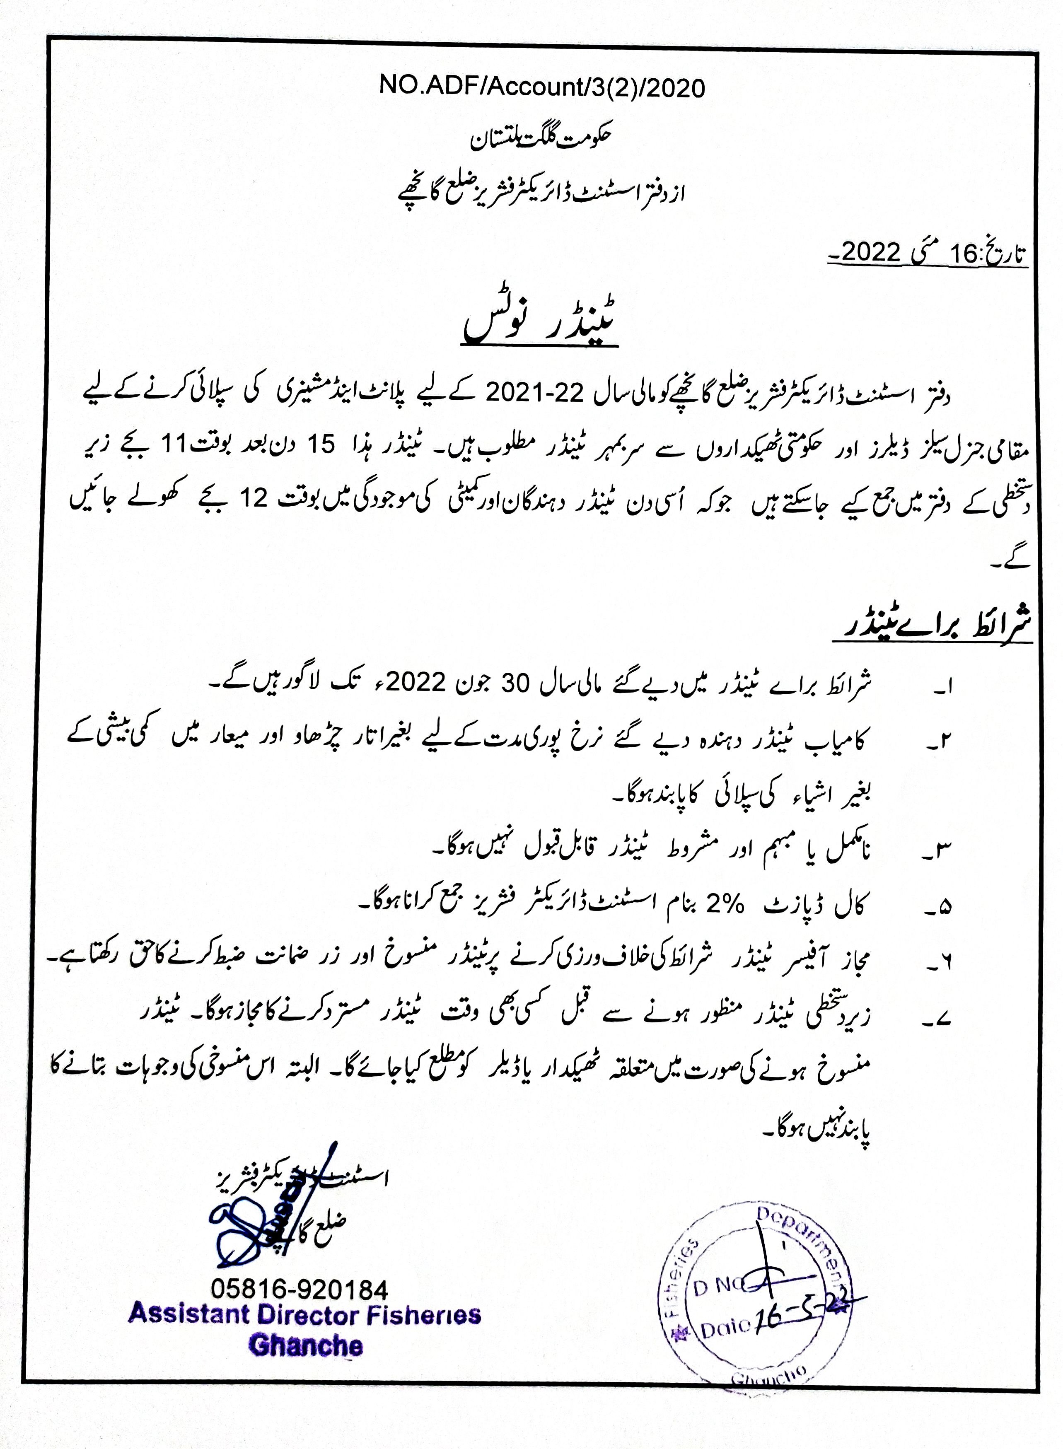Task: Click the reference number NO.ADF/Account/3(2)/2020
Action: pyautogui.click(x=542, y=87)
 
